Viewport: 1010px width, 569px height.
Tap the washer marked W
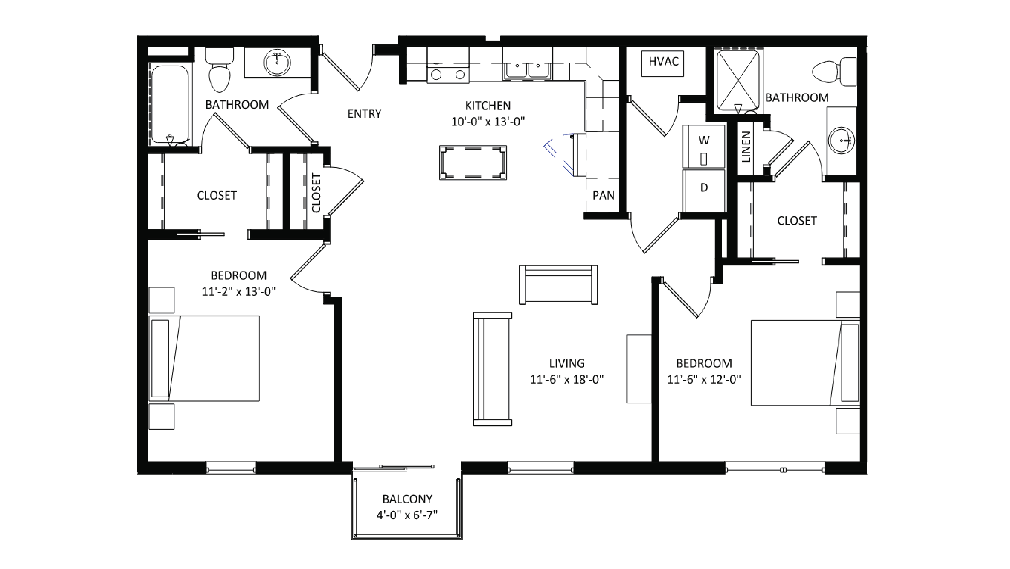pyautogui.click(x=704, y=146)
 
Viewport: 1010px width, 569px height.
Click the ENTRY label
pyautogui.click(x=364, y=114)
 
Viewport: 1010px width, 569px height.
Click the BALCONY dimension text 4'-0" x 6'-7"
pyautogui.click(x=407, y=515)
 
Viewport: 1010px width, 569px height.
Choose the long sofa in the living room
pyautogui.click(x=492, y=369)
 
